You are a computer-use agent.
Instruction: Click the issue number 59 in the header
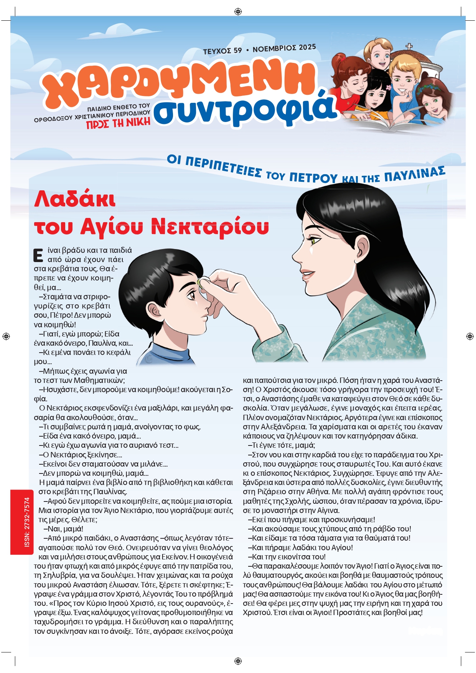pos(238,50)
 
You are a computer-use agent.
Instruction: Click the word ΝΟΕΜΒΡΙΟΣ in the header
pos(274,49)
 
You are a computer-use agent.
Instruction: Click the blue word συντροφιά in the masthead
pos(245,109)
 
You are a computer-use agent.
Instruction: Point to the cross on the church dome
pos(409,47)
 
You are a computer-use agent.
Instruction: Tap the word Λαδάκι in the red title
pos(75,200)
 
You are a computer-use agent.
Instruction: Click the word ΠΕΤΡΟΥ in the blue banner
pos(313,178)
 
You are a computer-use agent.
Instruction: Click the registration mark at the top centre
pos(238,12)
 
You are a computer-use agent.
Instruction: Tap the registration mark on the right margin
pos(470,336)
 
